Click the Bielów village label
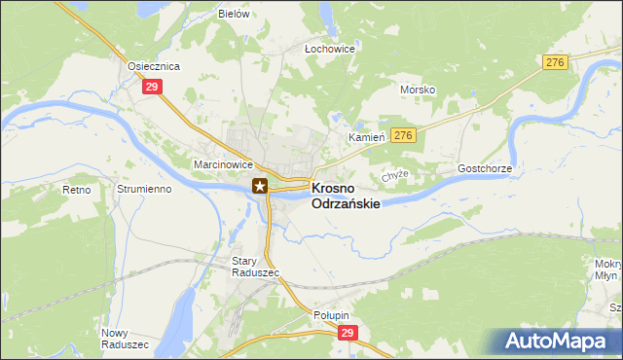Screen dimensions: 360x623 coord(235,15)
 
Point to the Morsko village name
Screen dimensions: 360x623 coord(418,90)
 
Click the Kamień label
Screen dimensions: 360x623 coord(368,138)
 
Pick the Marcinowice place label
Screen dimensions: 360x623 coord(223,165)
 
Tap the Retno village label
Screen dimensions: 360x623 coord(76,189)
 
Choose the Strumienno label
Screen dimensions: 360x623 coord(143,189)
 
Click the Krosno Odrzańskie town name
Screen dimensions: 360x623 coord(345,197)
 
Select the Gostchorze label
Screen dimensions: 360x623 coord(485,168)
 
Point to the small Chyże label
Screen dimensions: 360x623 coord(394,175)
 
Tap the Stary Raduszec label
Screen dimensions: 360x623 coord(255,267)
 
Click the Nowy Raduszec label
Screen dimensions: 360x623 coord(125,339)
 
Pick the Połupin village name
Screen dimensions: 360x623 coord(331,315)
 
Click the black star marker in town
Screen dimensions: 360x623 coord(260,186)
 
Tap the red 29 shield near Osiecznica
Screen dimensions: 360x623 coord(151,88)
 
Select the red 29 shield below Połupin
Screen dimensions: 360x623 coord(349,333)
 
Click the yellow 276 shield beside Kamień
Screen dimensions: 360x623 coord(405,135)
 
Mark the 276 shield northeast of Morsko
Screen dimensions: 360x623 coord(555,62)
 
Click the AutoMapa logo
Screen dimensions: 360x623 coord(560,341)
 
